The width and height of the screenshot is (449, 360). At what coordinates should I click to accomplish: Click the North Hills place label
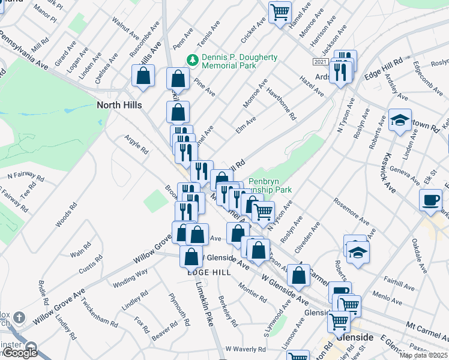click(x=119, y=105)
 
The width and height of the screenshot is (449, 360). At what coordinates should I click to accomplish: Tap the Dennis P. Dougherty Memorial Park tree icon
click(x=193, y=59)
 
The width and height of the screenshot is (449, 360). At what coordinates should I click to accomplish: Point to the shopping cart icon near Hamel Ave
click(x=280, y=11)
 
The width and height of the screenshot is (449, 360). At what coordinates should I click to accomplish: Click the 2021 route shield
click(x=320, y=62)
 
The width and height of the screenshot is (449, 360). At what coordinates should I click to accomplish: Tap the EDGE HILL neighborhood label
click(x=209, y=272)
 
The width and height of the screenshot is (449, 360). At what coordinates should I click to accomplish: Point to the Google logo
click(x=20, y=353)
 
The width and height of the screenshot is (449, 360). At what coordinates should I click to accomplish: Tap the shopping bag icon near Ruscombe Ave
click(x=143, y=76)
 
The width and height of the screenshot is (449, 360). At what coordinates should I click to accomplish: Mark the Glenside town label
click(x=355, y=337)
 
